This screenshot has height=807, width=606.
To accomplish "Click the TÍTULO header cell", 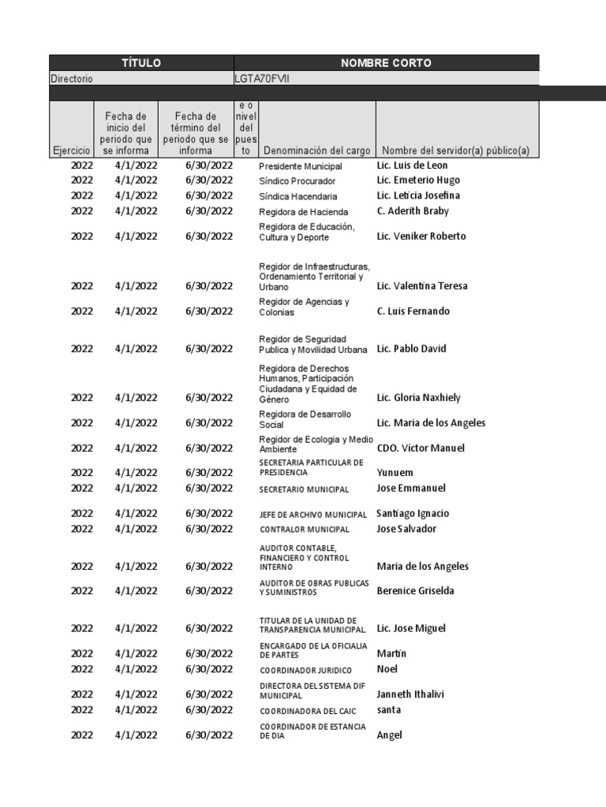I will (141, 63).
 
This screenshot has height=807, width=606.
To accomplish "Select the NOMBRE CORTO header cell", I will (386, 63).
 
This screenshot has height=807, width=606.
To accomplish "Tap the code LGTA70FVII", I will (261, 79).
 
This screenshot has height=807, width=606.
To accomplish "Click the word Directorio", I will (72, 79).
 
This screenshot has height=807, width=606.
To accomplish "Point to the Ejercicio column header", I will (72, 150).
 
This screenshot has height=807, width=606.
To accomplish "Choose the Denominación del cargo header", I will (316, 150).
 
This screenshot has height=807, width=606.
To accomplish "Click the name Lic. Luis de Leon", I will (413, 165).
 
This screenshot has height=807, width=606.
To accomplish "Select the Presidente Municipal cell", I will (301, 166).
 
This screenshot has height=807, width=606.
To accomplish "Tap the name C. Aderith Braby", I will (413, 210).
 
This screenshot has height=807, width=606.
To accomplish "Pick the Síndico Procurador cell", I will (297, 181).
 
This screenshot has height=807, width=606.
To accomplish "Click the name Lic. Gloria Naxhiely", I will (419, 397).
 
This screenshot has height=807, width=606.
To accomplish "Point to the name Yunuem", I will (395, 473).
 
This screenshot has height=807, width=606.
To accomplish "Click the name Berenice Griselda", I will (416, 590).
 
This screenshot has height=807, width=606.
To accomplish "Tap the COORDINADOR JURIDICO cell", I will (306, 670).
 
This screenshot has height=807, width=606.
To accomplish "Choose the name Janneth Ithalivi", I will (411, 694).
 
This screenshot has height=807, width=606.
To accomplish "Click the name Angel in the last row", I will (390, 734).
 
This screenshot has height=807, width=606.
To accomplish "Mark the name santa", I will (389, 709).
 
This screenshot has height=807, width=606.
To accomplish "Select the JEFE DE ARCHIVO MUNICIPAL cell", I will (314, 514).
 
